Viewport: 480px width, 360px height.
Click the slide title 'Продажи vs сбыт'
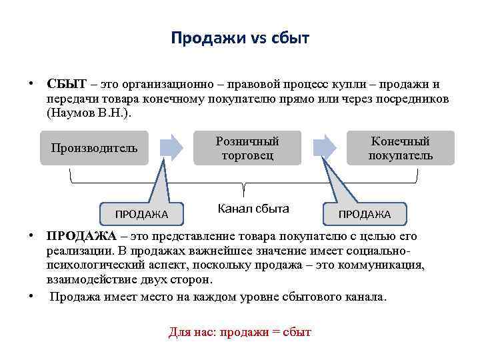click(x=240, y=38)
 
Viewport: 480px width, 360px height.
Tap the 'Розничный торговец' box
click(x=247, y=148)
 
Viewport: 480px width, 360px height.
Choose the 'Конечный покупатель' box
click(x=400, y=148)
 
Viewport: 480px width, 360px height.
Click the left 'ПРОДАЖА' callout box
click(x=141, y=213)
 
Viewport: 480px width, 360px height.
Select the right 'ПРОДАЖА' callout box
click(x=365, y=213)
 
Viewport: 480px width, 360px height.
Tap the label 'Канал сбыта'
click(x=253, y=209)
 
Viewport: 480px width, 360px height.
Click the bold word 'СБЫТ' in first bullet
click(x=67, y=85)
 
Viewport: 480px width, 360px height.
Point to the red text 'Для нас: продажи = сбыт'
click(x=240, y=332)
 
